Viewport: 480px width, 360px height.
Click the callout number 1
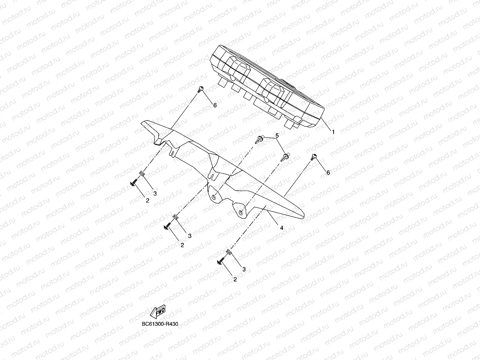pos(333,131)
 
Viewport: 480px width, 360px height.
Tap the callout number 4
pos(282,228)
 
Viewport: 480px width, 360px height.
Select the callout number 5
pos(277,136)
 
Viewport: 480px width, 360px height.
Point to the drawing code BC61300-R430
pos(159,324)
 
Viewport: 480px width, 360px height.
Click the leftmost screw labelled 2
pos(134,184)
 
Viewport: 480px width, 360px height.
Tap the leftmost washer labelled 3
pos(142,174)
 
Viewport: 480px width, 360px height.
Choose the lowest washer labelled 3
pos(229,252)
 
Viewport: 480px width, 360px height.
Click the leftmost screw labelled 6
pos(200,90)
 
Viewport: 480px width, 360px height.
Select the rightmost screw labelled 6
pos(314,156)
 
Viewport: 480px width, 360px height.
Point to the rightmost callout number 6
pos(328,172)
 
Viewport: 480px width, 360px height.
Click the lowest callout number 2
pos(235,280)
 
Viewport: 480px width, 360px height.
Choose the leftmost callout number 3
pos(155,193)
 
